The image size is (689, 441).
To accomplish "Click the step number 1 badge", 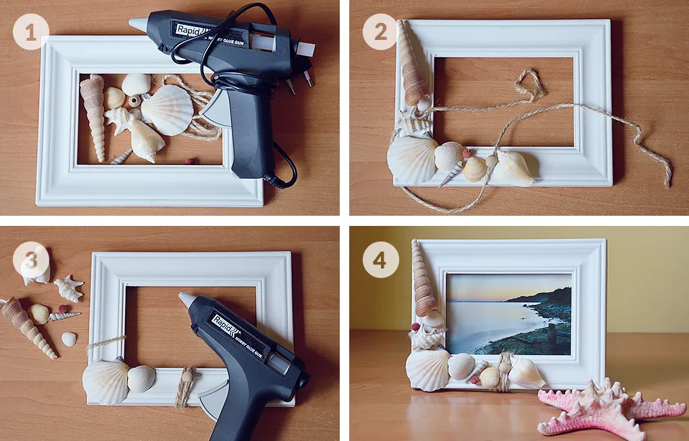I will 30,31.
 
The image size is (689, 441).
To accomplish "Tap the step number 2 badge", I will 380,31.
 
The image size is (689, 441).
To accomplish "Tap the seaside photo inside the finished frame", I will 509,313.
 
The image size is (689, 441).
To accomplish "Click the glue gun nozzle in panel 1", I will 138,24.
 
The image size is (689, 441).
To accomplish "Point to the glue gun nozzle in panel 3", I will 186,300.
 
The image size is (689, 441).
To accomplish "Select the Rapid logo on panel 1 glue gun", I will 190,30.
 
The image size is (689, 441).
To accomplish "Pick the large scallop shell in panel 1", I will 167,110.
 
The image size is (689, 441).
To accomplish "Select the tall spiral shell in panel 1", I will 94,115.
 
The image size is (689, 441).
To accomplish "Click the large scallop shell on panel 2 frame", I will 411,160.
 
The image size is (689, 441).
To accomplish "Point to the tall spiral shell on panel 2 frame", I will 410,64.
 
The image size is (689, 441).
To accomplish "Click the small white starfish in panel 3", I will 68,288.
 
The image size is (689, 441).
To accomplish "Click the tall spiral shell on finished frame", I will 423,281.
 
